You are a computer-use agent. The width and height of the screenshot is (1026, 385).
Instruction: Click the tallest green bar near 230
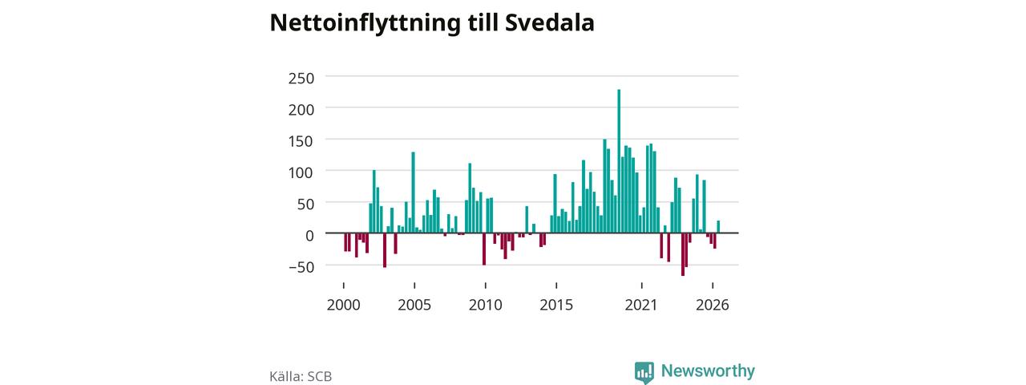pos(619,161)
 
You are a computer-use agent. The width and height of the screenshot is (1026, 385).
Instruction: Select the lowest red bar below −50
pos(682,254)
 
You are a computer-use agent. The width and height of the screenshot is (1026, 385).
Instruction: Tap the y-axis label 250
pos(301,79)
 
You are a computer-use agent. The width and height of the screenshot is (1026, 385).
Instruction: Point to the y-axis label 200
pos(301,110)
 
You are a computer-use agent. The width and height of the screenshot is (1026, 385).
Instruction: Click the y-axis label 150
pos(301,141)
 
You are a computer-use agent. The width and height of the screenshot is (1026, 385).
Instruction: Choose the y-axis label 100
pos(301,172)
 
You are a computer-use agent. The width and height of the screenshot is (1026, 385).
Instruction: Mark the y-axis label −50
pos(302,267)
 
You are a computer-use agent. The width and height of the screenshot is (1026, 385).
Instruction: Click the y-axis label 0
pos(309,236)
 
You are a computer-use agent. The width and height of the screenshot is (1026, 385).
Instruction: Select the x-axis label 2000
pos(344,305)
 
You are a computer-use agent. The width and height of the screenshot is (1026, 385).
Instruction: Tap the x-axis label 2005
pos(414,305)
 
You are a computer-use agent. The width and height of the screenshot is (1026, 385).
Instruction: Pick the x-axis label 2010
pos(486,305)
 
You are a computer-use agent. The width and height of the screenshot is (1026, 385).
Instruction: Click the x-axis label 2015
pos(556,305)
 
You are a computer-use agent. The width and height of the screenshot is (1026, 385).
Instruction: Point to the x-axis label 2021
pos(641,305)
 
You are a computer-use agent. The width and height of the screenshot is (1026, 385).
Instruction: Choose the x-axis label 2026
pos(713,305)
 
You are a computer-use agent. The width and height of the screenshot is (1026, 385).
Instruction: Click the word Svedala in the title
pos(550,22)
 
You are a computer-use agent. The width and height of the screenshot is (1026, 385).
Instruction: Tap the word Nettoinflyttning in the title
pos(365,24)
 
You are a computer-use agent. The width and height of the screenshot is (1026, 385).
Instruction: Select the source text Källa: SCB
pos(301,376)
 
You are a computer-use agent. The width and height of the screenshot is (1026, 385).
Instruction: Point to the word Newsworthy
pos(708,371)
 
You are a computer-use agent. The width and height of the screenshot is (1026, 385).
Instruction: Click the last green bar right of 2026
pos(718,227)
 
